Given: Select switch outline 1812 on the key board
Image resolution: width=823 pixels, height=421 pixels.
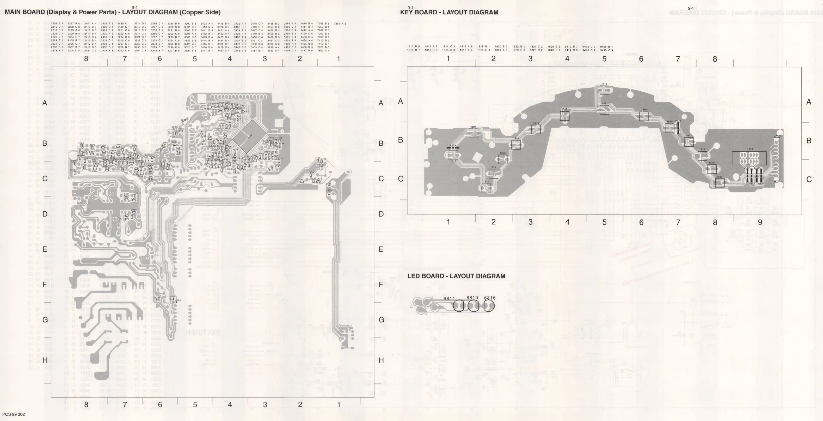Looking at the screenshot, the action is pos(604,90).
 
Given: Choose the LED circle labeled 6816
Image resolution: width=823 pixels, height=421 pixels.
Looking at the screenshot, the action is pos(488,306).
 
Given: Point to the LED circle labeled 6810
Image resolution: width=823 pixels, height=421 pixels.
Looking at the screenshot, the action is pos(473,306).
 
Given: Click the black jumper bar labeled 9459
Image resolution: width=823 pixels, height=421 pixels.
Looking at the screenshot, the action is pos(453,148).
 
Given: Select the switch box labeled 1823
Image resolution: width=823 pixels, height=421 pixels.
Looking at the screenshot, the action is pos(720,183).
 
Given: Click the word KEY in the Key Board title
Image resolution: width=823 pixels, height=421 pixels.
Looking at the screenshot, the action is pos(407,13).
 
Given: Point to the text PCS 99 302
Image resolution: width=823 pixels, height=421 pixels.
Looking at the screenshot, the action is pos(13,414).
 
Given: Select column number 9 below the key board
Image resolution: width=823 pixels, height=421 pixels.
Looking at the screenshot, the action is pos(760,222).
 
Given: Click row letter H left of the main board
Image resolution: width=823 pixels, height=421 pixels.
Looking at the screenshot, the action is pos(45,360).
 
